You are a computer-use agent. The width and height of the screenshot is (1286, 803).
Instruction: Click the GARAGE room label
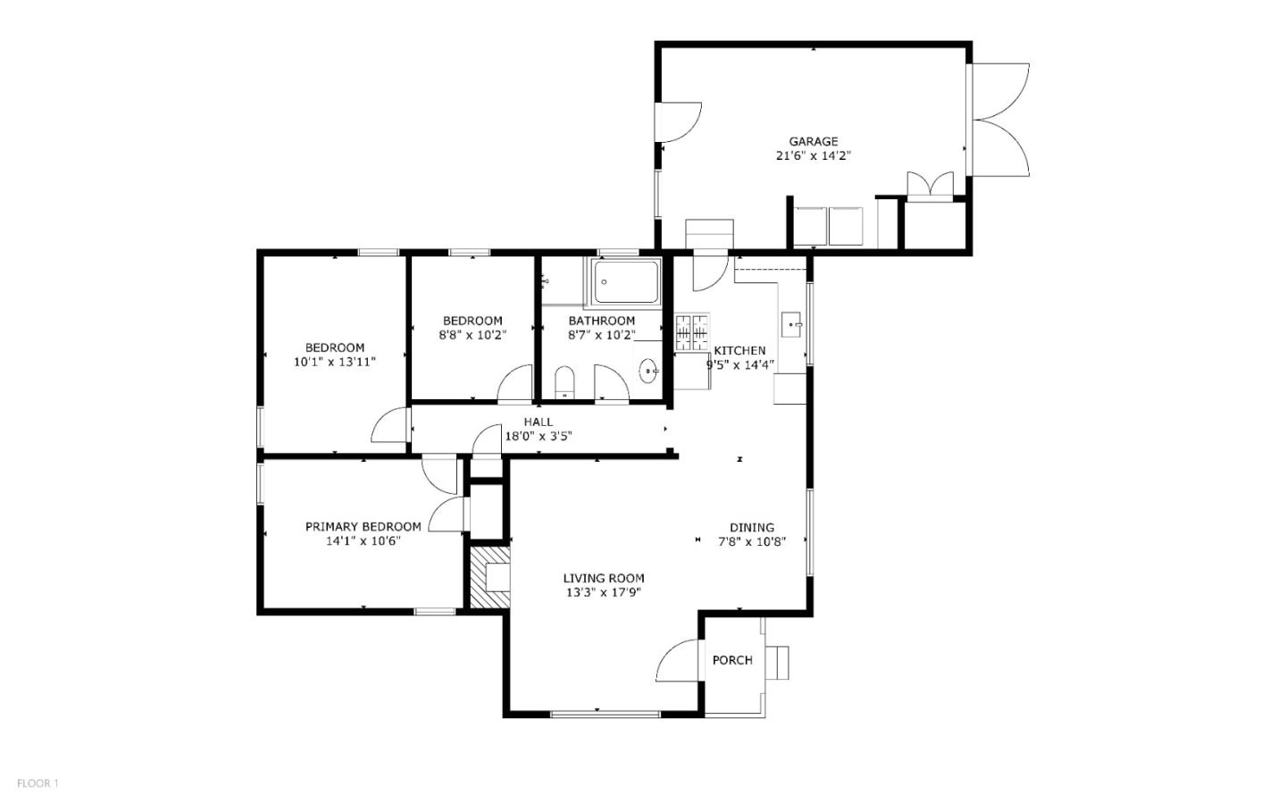(813, 141)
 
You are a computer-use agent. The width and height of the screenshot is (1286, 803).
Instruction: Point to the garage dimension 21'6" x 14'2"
(813, 155)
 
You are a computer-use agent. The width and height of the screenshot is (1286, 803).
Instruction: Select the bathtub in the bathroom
(627, 282)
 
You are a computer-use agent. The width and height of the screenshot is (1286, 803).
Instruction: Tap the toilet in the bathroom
(564, 382)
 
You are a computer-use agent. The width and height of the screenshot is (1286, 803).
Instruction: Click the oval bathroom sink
(648, 368)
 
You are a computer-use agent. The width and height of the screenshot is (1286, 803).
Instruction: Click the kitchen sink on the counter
(791, 324)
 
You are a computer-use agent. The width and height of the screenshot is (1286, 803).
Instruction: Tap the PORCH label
(732, 660)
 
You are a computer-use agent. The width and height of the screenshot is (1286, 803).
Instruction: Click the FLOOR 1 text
(38, 783)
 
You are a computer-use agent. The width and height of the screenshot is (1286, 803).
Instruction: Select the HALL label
(538, 422)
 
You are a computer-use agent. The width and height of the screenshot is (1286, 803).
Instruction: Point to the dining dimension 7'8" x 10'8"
(752, 541)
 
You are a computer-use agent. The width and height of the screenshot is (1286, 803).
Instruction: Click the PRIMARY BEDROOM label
(363, 527)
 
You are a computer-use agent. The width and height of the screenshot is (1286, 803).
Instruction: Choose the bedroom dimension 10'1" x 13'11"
(335, 362)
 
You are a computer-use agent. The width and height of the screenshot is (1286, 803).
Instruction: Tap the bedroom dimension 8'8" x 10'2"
(472, 335)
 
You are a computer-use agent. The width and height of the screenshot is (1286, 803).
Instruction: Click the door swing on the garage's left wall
(679, 122)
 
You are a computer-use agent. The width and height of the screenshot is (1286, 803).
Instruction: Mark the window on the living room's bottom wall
(605, 714)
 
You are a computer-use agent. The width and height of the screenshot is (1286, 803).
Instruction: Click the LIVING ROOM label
(604, 578)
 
